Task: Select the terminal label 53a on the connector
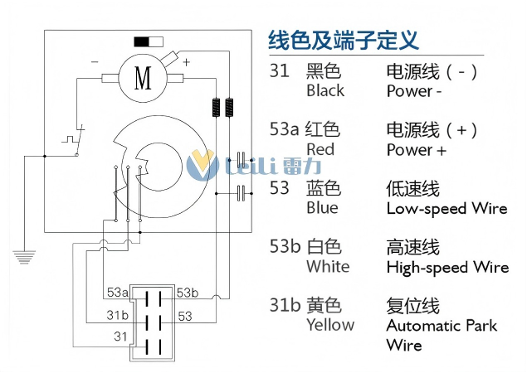coord(117,293)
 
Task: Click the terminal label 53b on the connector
coord(188,293)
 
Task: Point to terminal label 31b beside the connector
coord(117,315)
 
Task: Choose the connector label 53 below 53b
coord(184,316)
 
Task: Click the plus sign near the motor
coord(186,61)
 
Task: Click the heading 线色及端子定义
coord(343,39)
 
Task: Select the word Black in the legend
coord(325,90)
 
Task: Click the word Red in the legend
coord(320,149)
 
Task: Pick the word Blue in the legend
coord(322,207)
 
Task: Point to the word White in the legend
coord(328,266)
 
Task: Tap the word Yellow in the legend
coord(330,324)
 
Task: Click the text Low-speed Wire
coord(446,208)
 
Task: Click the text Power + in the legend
coord(416,150)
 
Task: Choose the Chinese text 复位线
coord(412,305)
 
